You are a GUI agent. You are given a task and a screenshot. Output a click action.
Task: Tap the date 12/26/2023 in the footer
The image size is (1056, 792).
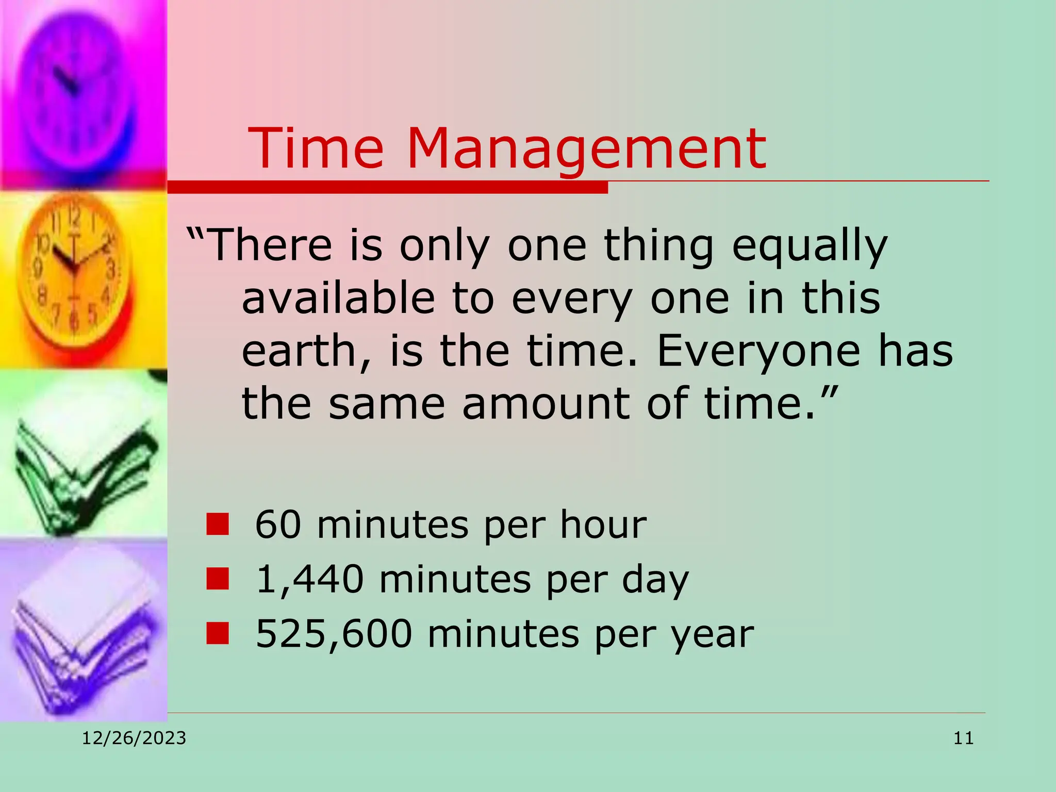pyautogui.click(x=134, y=738)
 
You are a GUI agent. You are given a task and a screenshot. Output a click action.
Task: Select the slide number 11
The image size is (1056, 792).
pyautogui.click(x=963, y=738)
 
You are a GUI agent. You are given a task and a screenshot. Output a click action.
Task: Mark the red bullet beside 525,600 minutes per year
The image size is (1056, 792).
pyautogui.click(x=217, y=634)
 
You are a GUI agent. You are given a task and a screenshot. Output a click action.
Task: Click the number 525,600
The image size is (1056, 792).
pyautogui.click(x=334, y=634)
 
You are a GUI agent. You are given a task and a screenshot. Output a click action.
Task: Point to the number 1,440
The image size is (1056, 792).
pyautogui.click(x=309, y=579)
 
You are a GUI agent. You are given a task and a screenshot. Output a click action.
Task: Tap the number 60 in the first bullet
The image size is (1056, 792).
pyautogui.click(x=278, y=524)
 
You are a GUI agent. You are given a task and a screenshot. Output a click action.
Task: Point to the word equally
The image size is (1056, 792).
pyautogui.click(x=810, y=246)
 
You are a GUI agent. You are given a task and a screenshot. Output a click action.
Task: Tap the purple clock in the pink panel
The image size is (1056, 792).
pyautogui.click(x=77, y=88)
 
